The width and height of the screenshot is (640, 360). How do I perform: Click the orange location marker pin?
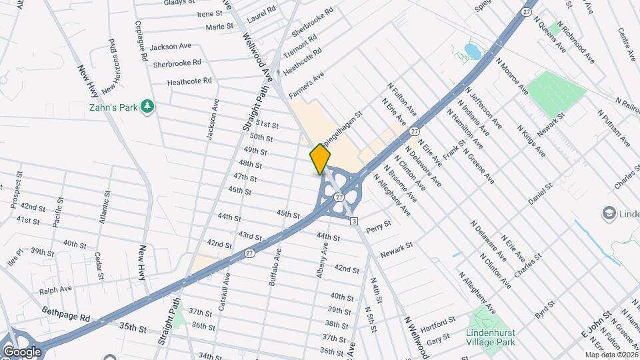tap(320, 159)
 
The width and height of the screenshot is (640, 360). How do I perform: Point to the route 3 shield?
tap(354, 221)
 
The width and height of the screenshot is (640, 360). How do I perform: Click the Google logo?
tap(22, 352)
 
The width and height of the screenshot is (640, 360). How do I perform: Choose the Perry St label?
tap(378, 224)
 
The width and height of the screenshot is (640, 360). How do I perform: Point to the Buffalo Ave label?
tap(275, 267)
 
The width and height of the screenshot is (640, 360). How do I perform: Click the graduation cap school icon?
tap(609, 214)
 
